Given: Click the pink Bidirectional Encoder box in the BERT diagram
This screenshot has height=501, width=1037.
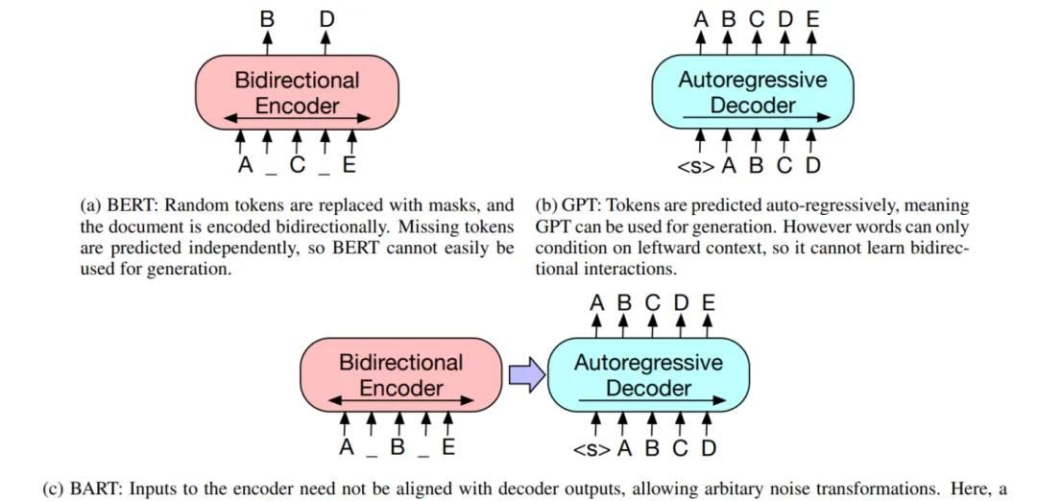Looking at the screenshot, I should coord(297,91).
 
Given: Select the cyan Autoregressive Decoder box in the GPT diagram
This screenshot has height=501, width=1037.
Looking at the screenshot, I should coord(752,91).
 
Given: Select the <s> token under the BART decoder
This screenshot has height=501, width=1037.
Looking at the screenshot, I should coord(592,448).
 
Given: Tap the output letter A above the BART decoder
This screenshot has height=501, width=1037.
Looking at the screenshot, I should coord(596,302).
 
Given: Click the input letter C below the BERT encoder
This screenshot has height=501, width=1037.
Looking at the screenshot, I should coord(298,165).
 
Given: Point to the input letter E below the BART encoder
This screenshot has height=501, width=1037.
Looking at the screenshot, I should coord(448,448).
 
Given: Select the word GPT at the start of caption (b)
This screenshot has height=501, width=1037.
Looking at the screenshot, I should coord(580,205).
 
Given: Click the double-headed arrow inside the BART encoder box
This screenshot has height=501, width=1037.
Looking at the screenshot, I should coord(400,400).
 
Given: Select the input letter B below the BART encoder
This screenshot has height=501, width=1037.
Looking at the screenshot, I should coord(396,448).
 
